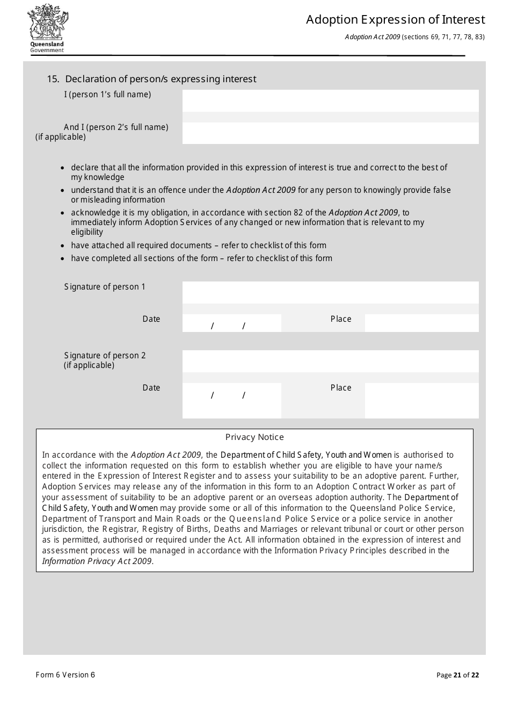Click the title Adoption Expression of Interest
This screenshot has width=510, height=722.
click(x=395, y=20)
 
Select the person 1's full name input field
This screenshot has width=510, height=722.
click(x=330, y=100)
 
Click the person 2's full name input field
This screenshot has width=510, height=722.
click(x=330, y=133)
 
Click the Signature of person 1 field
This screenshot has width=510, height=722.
click(x=330, y=292)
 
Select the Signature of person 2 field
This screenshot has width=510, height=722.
click(x=330, y=361)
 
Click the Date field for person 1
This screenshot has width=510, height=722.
click(x=231, y=323)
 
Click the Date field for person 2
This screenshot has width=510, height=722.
click(x=231, y=400)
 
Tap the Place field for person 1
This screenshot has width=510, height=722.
click(x=421, y=323)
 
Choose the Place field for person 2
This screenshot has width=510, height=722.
click(x=421, y=400)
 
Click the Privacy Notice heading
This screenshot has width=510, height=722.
click(x=254, y=437)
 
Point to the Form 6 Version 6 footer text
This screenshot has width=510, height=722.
click(x=65, y=675)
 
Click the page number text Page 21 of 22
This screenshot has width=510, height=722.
click(x=457, y=675)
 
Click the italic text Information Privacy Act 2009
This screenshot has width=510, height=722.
click(x=97, y=561)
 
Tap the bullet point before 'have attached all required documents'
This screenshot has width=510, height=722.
click(x=64, y=246)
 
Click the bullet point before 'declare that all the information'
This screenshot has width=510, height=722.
click(x=64, y=168)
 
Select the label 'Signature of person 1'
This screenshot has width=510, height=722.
click(x=105, y=287)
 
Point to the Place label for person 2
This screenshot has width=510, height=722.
click(x=341, y=388)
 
